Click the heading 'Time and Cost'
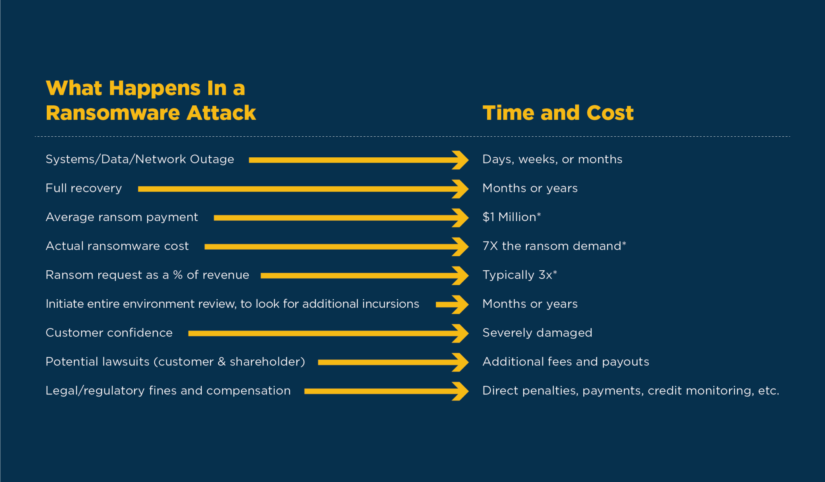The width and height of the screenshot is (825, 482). pyautogui.click(x=558, y=113)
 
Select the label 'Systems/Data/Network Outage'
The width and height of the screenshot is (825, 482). pyautogui.click(x=140, y=159)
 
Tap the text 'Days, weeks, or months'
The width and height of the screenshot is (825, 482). pyautogui.click(x=552, y=160)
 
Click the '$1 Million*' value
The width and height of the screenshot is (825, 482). pyautogui.click(x=512, y=217)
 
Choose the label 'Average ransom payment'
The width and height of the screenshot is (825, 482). pyautogui.click(x=122, y=217)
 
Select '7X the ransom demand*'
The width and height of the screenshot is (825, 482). pyautogui.click(x=554, y=246)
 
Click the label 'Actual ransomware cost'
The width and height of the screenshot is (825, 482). pyautogui.click(x=117, y=246)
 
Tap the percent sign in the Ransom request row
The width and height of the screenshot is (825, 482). pyautogui.click(x=178, y=275)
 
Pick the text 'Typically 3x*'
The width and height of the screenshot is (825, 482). pyautogui.click(x=520, y=275)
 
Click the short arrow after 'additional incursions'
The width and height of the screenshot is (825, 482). pyautogui.click(x=452, y=305)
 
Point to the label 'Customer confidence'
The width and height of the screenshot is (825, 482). pyautogui.click(x=109, y=333)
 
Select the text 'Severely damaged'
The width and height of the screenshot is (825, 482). pyautogui.click(x=537, y=333)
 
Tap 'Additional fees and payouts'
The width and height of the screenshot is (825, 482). pyautogui.click(x=566, y=362)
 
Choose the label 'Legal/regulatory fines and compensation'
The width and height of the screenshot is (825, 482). pyautogui.click(x=168, y=391)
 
